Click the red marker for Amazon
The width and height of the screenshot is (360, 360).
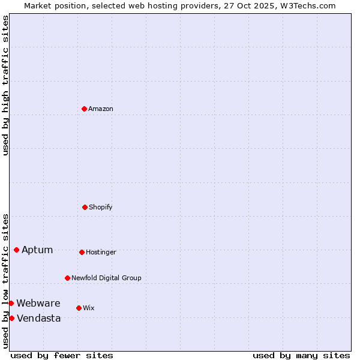(x=85, y=109)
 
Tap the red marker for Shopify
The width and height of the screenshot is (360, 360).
(x=85, y=207)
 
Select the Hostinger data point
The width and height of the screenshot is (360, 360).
(x=82, y=252)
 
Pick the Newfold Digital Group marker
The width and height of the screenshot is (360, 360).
(x=67, y=278)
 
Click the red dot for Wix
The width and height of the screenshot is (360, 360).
(x=79, y=308)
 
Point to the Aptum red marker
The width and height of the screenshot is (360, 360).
(x=16, y=250)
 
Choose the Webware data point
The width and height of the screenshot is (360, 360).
(x=11, y=303)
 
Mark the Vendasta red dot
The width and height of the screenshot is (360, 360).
(x=11, y=318)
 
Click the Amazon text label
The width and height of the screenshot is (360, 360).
(x=101, y=109)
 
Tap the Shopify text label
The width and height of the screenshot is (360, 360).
(x=101, y=208)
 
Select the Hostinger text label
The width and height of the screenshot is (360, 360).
(x=101, y=253)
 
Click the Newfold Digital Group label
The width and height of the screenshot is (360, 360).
(x=106, y=278)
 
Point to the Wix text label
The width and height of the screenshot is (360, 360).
(x=89, y=308)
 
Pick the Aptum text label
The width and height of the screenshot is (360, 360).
(x=37, y=250)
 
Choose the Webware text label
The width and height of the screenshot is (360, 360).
(x=38, y=304)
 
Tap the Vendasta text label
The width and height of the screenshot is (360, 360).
(x=39, y=319)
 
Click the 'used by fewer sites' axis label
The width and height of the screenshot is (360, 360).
(x=62, y=355)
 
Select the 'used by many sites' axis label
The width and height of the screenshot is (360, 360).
(x=301, y=355)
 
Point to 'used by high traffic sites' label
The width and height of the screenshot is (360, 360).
(x=6, y=86)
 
